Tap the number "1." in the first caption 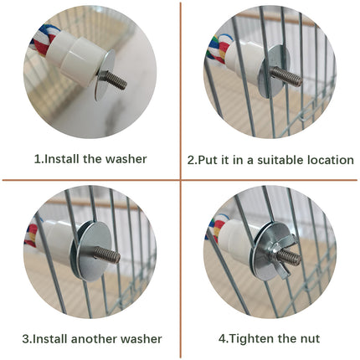[39, 157]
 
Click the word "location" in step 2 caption [327, 159]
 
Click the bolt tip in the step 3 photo [115, 258]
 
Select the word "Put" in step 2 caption [206, 159]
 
